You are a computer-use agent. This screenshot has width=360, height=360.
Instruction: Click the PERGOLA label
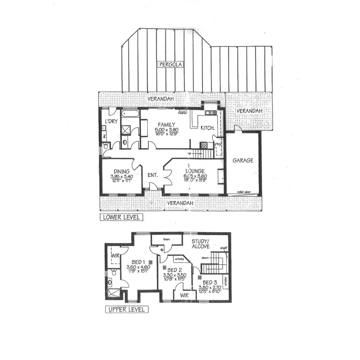pos(170,65)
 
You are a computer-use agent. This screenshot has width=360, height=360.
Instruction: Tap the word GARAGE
pos(243,160)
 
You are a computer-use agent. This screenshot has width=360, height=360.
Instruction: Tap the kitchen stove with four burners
pos(204,146)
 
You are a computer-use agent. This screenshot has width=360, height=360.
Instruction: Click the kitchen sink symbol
pos(211,113)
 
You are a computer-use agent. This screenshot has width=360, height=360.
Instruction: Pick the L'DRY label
pos(111,121)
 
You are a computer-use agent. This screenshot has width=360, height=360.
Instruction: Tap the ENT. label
pos(153,175)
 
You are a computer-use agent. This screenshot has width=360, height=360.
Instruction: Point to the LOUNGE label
pos(195,172)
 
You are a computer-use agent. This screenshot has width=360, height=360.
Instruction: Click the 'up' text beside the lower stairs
pos(189,153)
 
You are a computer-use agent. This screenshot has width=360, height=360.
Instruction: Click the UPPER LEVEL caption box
pos(127,309)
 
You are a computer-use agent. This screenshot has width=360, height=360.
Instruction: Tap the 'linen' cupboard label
pos(166,239)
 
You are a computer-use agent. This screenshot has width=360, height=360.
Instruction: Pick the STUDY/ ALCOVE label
pos(201,243)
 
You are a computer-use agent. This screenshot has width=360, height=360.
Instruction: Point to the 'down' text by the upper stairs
pos(205,258)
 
